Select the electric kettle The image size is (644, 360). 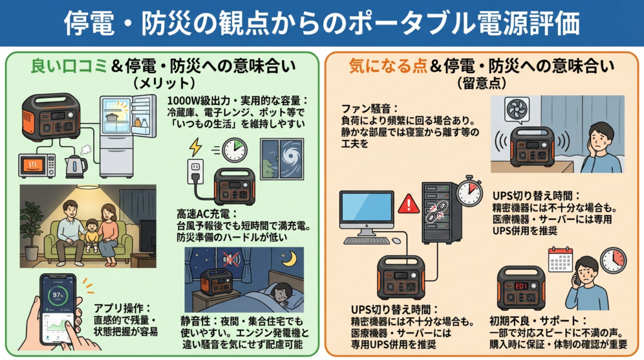pyautogui.click(x=76, y=165)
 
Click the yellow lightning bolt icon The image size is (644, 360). pyautogui.click(x=195, y=149)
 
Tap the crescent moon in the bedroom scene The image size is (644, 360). pyautogui.click(x=291, y=259)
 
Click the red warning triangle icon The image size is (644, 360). pyautogui.click(x=409, y=203)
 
